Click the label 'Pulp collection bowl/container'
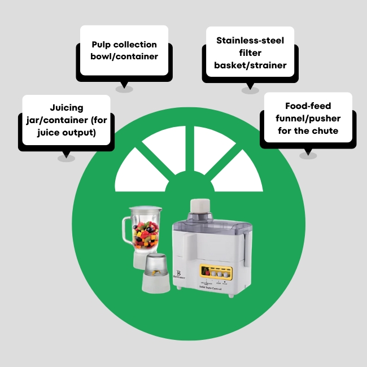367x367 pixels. point(124,50)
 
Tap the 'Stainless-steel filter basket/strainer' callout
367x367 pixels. point(250,53)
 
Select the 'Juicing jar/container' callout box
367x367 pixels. point(65,120)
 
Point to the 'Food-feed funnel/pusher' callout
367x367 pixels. point(307,118)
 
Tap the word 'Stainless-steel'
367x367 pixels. point(250,41)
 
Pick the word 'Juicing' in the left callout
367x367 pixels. point(66,107)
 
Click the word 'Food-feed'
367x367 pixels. point(307,106)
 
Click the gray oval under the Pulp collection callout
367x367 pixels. point(124,89)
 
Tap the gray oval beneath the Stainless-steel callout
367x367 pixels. point(250,90)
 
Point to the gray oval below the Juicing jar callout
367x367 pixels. point(66,158)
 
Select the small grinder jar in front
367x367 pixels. point(156,274)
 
